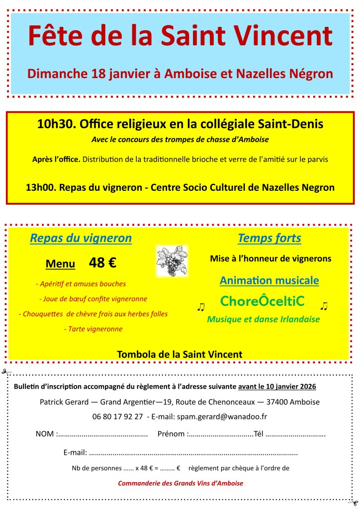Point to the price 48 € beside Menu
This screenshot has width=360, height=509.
102,262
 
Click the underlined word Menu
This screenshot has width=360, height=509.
60,263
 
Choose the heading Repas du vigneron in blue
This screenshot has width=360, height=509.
81,238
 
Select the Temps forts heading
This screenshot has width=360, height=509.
270,238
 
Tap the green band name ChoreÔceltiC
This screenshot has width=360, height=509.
262,301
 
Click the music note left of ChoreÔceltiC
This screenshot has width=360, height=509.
201,307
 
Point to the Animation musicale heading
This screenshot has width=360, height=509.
270,280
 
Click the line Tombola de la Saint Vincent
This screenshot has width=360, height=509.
180,354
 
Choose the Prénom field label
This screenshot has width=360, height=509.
172,434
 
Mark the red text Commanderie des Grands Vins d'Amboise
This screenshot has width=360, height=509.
180,483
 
